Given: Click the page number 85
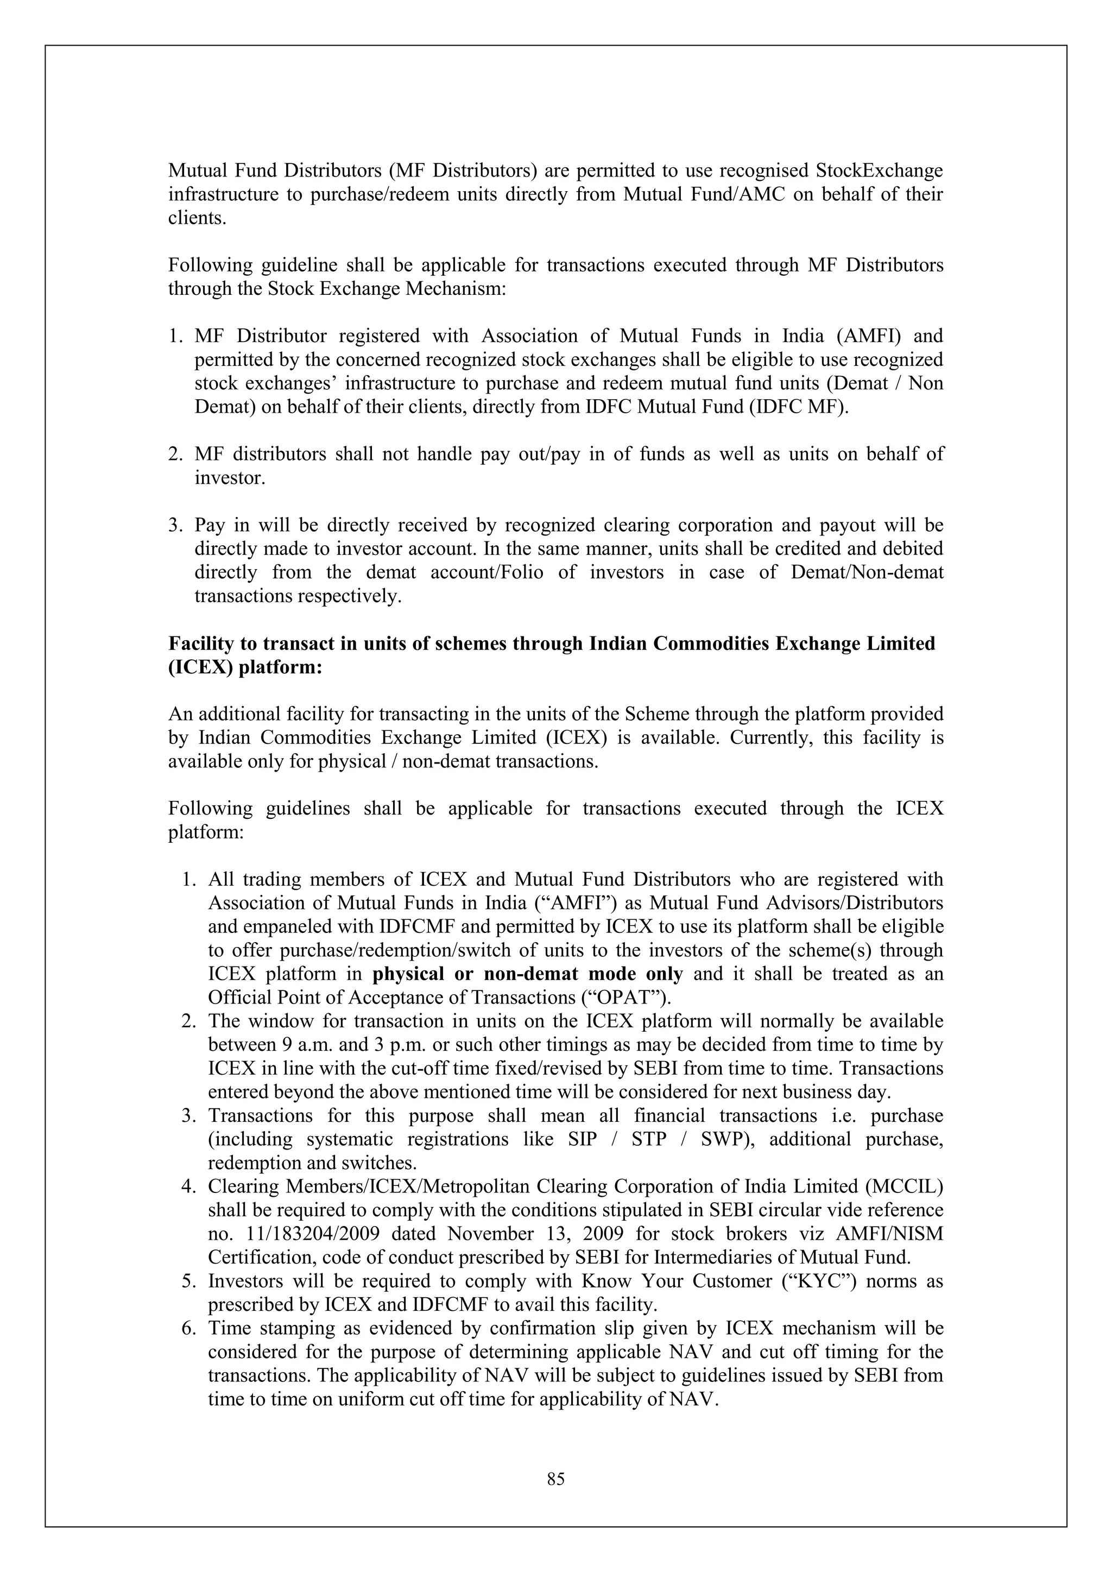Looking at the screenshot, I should pyautogui.click(x=555, y=1480).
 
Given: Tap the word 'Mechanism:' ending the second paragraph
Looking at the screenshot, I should pyautogui.click(x=456, y=289).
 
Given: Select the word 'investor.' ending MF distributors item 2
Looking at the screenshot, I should pyautogui.click(x=229, y=478).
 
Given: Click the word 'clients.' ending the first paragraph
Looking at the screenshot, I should pyautogui.click(x=197, y=218).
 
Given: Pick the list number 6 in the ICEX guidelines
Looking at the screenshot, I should pyautogui.click(x=189, y=1328).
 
